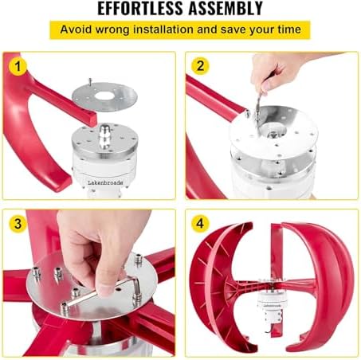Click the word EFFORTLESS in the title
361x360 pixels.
pyautogui.click(x=140, y=9)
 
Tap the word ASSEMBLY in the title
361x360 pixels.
pyautogui.click(x=226, y=9)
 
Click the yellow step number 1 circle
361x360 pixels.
pyautogui.click(x=18, y=67)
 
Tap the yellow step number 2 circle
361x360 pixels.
pyautogui.click(x=200, y=66)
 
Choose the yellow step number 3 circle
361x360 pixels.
pyautogui.click(x=18, y=224)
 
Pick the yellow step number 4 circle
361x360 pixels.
pyautogui.click(x=200, y=224)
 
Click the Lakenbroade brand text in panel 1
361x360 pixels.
pyautogui.click(x=105, y=182)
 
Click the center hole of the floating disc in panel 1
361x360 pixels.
pyautogui.click(x=104, y=96)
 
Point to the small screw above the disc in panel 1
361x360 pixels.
pyautogui.click(x=90, y=81)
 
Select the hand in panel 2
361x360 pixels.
pyautogui.click(x=277, y=70)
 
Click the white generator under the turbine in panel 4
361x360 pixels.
pyautogui.click(x=272, y=305)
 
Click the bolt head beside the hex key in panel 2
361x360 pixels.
pyautogui.click(x=247, y=113)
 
